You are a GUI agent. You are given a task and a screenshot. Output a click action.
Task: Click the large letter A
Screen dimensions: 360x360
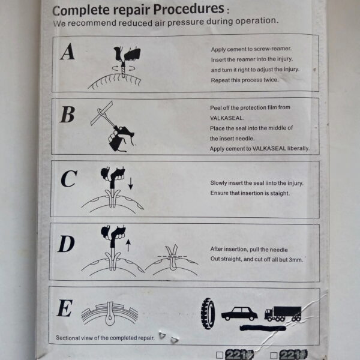click(68, 52)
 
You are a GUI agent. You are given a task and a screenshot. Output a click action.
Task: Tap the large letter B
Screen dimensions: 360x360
click(67, 115)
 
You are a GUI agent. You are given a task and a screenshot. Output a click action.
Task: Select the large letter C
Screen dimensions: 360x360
click(69, 179)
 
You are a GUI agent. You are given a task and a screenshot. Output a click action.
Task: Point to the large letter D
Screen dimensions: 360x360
click(67, 244)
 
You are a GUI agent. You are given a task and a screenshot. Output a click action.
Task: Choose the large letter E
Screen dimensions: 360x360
click(64, 308)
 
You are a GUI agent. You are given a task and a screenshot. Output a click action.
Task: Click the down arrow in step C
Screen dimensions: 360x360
click(130, 183)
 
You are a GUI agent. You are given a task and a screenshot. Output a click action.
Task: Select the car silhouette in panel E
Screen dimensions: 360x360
click(239, 313)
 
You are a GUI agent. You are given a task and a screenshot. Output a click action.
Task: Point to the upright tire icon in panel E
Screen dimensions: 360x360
click(208, 312)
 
